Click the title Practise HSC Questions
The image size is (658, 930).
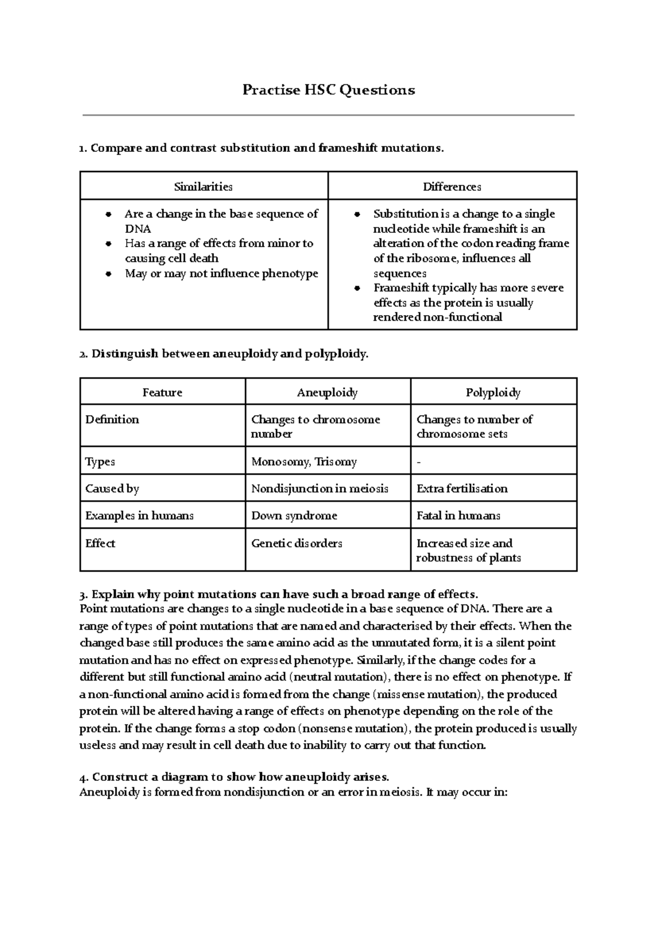tap(328, 90)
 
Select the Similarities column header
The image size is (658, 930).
tap(203, 187)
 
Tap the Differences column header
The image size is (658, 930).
tap(452, 187)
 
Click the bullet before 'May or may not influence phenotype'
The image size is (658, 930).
tap(109, 273)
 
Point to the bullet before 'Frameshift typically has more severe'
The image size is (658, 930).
tap(358, 288)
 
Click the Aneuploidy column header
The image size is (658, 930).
tap(327, 392)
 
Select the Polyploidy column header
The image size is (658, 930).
tap(493, 392)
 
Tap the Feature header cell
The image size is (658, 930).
tap(162, 392)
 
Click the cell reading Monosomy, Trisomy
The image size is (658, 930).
tap(304, 461)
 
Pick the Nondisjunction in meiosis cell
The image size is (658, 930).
tap(320, 488)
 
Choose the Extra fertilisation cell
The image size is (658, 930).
tap(462, 488)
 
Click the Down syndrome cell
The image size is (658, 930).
tap(294, 516)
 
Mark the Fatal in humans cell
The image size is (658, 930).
tap(458, 516)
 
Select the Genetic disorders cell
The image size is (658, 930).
tap(297, 543)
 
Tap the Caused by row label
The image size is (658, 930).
tap(112, 488)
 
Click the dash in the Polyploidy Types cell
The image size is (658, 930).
tap(419, 463)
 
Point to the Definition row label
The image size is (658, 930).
tap(112, 419)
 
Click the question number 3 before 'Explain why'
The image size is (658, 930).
tap(82, 595)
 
